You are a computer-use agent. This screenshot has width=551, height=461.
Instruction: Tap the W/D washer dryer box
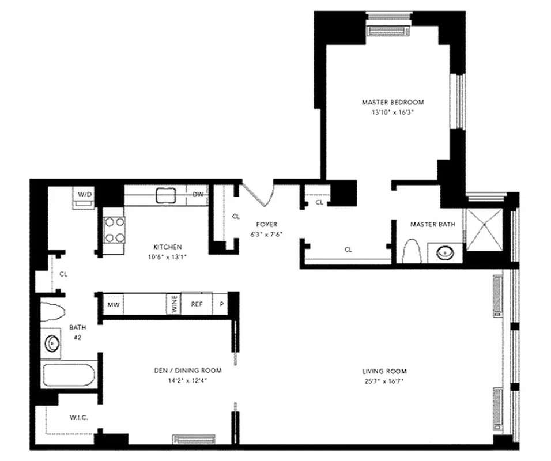[x=85, y=195]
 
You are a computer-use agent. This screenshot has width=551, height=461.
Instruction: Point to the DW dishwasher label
[x=198, y=194]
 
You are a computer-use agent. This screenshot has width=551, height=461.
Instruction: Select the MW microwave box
[x=113, y=305]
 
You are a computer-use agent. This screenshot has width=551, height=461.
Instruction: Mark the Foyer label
[x=267, y=224]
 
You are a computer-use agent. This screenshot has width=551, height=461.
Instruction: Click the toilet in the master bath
[x=412, y=251]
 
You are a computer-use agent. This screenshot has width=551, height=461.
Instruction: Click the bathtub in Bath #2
[x=69, y=375]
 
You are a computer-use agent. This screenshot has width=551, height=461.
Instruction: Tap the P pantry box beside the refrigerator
[x=220, y=305]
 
